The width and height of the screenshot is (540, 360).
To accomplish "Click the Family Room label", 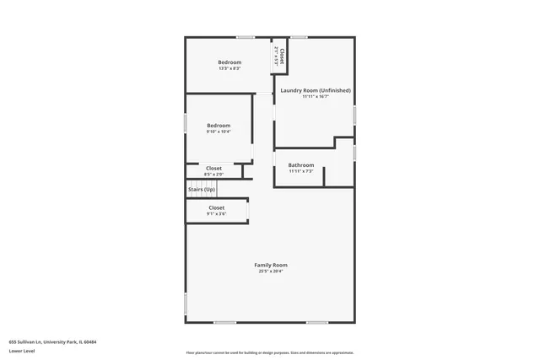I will (271, 266).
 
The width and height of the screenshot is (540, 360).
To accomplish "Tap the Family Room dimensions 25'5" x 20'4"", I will (271, 271).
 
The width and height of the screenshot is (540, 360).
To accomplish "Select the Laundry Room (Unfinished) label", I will (316, 90).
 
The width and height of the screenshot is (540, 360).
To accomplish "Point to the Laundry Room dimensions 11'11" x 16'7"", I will (316, 96).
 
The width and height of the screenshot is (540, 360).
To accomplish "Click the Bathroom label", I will (301, 165).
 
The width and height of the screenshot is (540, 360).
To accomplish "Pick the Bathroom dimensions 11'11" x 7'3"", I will (301, 171).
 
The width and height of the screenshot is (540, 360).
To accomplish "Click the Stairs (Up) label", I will (201, 191).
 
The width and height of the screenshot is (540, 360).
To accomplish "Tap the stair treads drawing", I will (200, 183).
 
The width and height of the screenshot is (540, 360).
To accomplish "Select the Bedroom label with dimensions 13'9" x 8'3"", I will (229, 62).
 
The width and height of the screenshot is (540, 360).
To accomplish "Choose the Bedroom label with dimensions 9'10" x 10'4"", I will (219, 126).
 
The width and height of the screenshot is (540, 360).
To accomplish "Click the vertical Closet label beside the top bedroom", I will (282, 56).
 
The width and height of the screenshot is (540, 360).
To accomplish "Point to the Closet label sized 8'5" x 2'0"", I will (214, 168).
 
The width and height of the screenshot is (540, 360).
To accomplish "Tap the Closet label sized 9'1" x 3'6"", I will (217, 207).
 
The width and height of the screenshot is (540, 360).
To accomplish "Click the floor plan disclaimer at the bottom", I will (271, 352).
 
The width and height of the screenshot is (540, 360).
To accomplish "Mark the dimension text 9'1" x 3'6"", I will (217, 214).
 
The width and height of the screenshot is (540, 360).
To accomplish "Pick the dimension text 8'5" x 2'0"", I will (214, 175).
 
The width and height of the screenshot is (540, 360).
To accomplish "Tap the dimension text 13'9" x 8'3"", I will (229, 69).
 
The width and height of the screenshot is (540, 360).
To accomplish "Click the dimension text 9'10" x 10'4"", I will (219, 132).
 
